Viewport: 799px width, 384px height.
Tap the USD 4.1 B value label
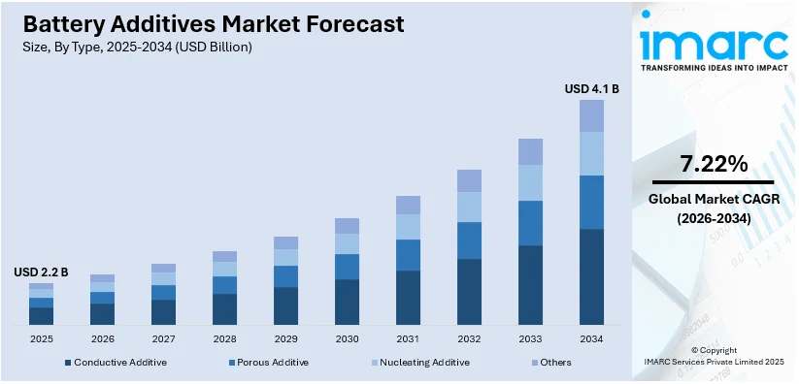coord(591,89)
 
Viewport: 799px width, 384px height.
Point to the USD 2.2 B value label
coord(41,272)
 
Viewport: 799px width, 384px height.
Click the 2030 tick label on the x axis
coord(347,338)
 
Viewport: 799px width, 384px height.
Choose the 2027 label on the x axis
coord(163,338)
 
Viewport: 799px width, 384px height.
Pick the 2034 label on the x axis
coord(591,338)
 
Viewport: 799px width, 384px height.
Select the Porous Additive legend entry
coord(269,362)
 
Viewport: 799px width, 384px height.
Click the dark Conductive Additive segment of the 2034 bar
coord(591,276)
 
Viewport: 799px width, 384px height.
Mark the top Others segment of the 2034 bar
coord(591,115)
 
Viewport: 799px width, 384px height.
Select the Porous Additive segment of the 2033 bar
coord(530,223)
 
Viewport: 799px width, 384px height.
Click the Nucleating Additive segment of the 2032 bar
coord(469,207)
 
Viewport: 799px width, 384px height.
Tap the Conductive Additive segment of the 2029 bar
coord(285,305)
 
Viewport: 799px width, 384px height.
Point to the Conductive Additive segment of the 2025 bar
coord(41,315)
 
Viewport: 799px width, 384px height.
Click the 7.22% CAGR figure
coord(713,164)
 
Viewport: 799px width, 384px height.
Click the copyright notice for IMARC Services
coord(714,355)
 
